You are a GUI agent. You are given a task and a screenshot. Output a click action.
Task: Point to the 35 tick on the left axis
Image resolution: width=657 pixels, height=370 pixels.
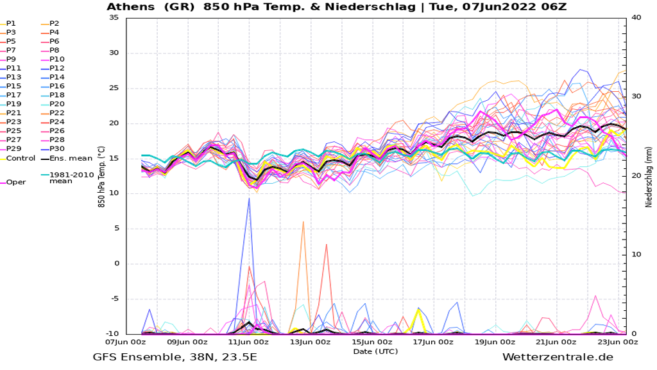click(114, 17)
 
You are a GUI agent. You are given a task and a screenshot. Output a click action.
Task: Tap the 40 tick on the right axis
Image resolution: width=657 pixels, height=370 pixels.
click(635, 17)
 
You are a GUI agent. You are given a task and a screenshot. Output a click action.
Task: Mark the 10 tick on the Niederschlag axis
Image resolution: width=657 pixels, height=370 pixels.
click(635, 255)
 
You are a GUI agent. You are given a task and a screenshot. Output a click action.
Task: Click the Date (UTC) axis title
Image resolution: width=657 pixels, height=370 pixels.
click(375, 351)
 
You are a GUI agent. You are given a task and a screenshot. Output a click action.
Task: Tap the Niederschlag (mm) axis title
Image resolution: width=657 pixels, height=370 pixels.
click(649, 175)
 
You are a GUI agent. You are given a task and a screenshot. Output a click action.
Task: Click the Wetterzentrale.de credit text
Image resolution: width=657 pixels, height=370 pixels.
click(558, 358)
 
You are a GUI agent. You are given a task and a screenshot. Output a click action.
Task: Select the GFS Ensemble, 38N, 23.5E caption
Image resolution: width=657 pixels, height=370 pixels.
click(175, 358)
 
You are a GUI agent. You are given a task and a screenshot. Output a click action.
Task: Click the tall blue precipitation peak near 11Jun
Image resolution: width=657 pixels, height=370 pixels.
click(249, 199)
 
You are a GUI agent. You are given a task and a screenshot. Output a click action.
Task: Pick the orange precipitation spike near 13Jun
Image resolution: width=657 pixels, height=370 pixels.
click(303, 222)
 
